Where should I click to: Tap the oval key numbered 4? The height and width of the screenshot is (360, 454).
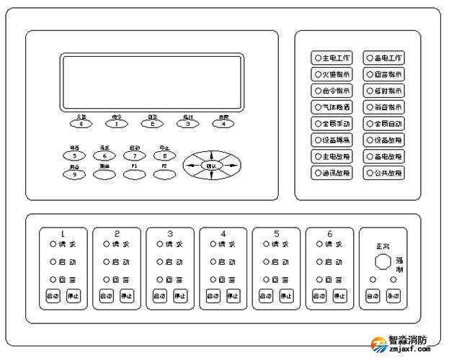click(x=223, y=123)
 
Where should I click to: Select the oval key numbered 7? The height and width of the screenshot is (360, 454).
click(x=134, y=156)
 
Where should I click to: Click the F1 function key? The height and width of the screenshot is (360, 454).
click(x=134, y=174)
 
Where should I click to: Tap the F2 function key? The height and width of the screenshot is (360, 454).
click(x=164, y=174)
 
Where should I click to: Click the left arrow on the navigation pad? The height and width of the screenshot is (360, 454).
click(x=191, y=166)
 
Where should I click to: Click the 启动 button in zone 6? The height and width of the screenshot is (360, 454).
click(x=319, y=296)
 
